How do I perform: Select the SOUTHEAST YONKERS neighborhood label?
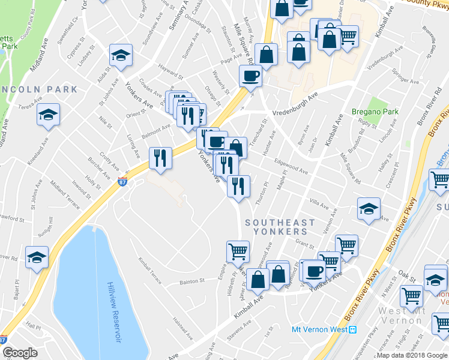coord(280,227)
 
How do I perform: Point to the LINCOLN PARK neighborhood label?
coord(40,89)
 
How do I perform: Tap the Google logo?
coord(20,353)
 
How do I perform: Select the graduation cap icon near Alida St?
coord(121,56)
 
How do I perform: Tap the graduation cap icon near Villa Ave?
coord(369,208)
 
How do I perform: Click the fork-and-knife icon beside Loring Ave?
coord(160,157)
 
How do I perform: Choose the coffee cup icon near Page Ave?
coord(250,76)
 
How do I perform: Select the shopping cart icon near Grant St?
coord(346,245)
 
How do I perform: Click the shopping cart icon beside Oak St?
coord(411,295)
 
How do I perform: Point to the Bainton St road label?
coord(193,281)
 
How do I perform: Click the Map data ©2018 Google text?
coord(412,355)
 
